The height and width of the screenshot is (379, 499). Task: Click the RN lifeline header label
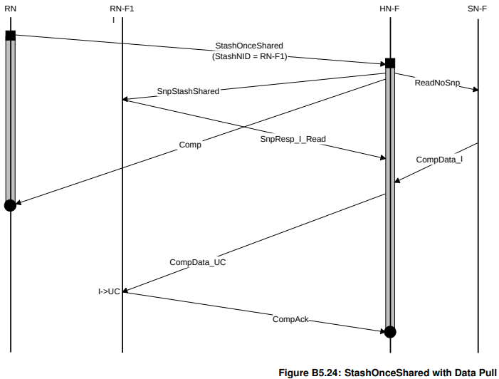[x=10, y=8]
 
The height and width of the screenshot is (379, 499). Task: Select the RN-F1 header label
[x=122, y=8]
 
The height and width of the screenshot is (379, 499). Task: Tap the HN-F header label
[x=390, y=8]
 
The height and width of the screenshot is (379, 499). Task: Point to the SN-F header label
[x=478, y=8]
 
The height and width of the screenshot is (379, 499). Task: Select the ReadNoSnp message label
[x=436, y=83]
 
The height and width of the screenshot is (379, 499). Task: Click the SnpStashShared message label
[x=188, y=91]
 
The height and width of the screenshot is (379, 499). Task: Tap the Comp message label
[x=190, y=145]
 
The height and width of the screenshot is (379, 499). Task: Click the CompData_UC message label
[x=198, y=262]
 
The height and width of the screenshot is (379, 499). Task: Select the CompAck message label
[x=290, y=319]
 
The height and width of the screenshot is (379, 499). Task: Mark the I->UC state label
[x=109, y=291]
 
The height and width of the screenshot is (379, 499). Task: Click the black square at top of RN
[x=10, y=35]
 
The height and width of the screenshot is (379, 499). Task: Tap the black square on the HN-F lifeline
[x=390, y=63]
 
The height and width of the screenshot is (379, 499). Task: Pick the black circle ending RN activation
[x=10, y=205]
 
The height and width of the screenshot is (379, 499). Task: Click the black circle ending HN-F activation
[x=390, y=331]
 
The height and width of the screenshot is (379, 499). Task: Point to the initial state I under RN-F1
[x=113, y=19]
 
